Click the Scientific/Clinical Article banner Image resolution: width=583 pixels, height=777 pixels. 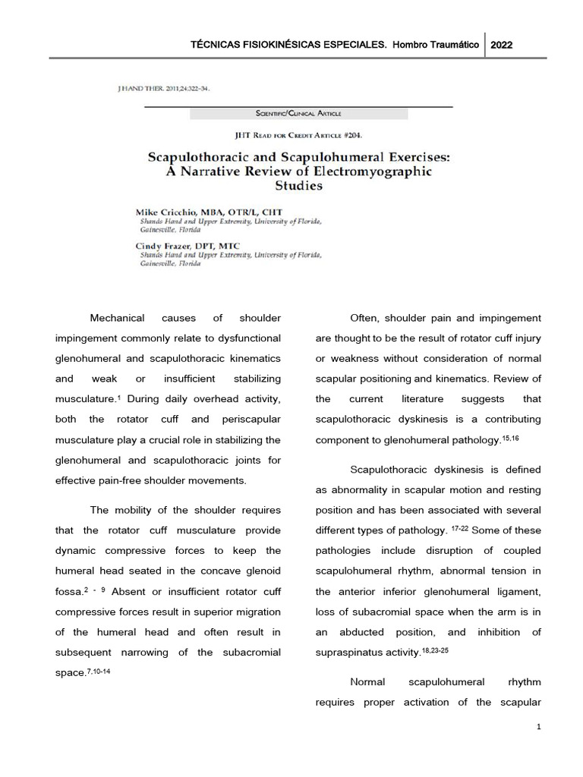tap(298, 114)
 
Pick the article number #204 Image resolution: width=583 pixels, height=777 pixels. tap(350, 135)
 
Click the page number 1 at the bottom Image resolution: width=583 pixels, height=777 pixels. tap(538, 727)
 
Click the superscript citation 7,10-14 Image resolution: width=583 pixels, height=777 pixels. tap(99, 670)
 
